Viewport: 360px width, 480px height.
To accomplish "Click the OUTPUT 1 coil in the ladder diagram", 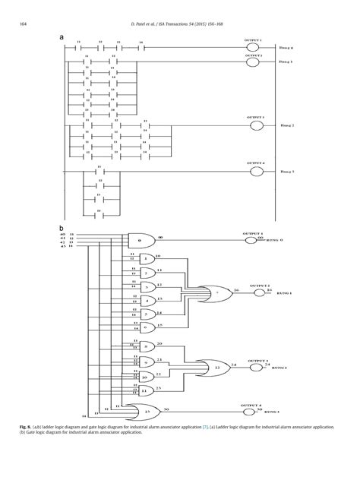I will click(x=256, y=46).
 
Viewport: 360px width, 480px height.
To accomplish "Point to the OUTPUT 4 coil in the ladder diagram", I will click(x=256, y=172).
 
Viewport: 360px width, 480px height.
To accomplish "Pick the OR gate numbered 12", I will click(x=217, y=366).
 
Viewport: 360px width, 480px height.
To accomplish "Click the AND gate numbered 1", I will click(x=147, y=260).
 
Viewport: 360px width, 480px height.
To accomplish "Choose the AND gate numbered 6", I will click(x=147, y=327).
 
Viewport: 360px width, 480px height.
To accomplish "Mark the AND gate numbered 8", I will click(x=147, y=346).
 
